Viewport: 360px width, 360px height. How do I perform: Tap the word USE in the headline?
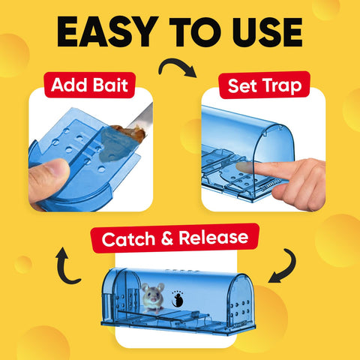click(268, 32)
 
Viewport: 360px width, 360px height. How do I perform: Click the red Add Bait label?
click(90, 85)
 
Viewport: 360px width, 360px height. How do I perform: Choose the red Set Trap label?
click(265, 85)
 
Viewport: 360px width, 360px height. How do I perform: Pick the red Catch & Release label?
click(175, 238)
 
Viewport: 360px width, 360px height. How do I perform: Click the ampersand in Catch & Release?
click(167, 238)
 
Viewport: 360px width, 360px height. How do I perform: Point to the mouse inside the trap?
click(153, 298)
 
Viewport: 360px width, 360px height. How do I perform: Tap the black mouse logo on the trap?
click(178, 299)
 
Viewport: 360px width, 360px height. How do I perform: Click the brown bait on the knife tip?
click(130, 133)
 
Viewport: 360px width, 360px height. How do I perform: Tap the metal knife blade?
click(141, 116)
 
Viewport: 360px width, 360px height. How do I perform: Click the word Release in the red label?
click(214, 237)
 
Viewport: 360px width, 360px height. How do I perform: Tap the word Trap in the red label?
click(283, 86)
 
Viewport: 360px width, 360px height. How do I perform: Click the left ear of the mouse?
click(145, 287)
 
